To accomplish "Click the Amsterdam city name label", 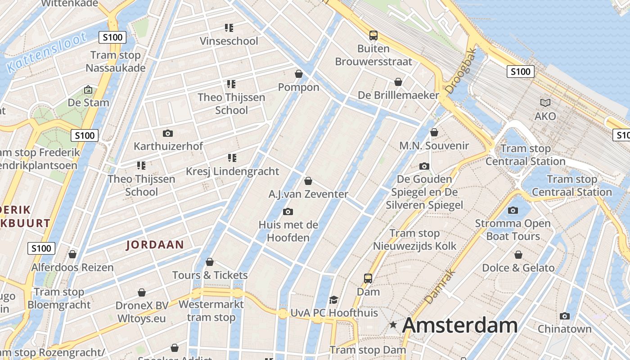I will (x=459, y=325).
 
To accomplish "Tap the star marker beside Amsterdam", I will (x=393, y=324).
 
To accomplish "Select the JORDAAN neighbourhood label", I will (x=155, y=245).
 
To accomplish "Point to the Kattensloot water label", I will (x=46, y=53).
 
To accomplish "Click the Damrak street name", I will (x=440, y=287).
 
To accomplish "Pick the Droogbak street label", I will (x=459, y=71).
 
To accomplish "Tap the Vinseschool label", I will (x=229, y=41).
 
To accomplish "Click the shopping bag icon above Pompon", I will (x=298, y=73).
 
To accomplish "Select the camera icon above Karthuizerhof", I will (x=168, y=133).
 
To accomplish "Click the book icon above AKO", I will (x=545, y=103).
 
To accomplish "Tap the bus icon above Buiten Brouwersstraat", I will (x=373, y=35).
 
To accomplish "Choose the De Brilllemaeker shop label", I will (x=398, y=95).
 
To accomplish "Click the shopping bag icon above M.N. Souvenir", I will (x=434, y=132).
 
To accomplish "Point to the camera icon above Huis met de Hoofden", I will (x=288, y=211).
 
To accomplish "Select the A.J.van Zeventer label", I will (x=308, y=194).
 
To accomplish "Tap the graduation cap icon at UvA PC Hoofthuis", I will (x=333, y=300).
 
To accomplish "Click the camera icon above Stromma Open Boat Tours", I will (x=513, y=210).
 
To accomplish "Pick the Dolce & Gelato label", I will (x=518, y=268).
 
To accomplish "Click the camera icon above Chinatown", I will (x=565, y=316).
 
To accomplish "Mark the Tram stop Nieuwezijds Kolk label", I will (x=414, y=239).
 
